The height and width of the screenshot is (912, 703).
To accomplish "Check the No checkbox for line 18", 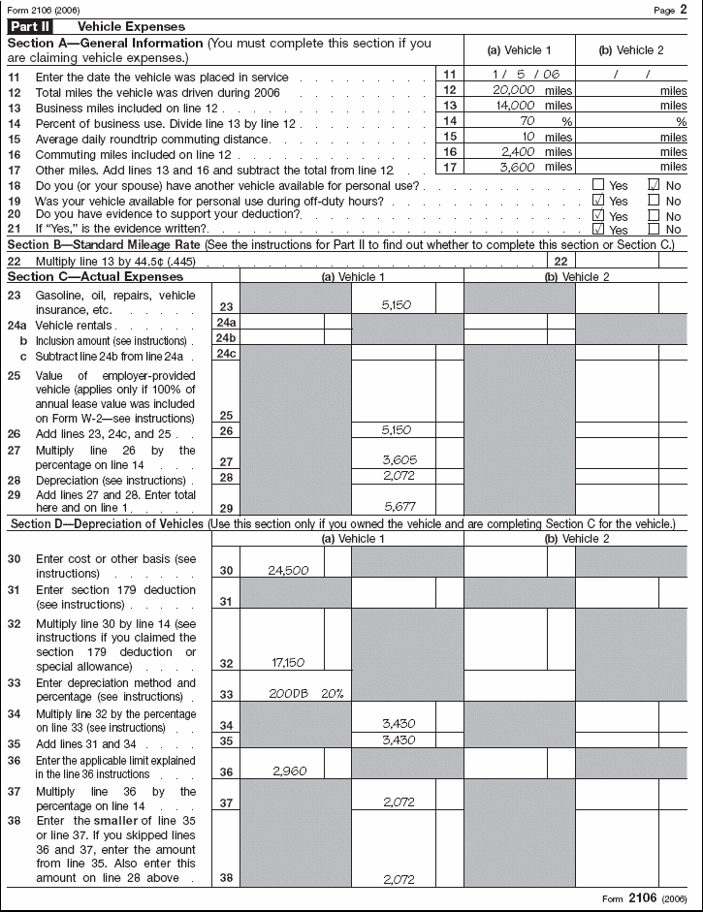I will [653, 184].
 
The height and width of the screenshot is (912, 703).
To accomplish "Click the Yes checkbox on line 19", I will [597, 200].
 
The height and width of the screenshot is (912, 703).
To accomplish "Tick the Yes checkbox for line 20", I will [597, 215].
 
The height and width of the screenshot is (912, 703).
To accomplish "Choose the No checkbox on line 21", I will [653, 229].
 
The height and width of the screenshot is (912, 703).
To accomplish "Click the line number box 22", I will [560, 262].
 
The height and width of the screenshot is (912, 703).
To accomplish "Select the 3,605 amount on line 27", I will [399, 461].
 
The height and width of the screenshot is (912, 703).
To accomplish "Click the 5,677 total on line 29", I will [399, 505].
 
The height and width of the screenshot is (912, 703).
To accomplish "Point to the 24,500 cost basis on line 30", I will [288, 571].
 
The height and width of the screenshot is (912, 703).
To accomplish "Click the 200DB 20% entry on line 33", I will [304, 694].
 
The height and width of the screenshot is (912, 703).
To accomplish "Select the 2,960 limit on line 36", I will [290, 771].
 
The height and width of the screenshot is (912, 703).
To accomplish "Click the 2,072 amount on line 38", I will [399, 880].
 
